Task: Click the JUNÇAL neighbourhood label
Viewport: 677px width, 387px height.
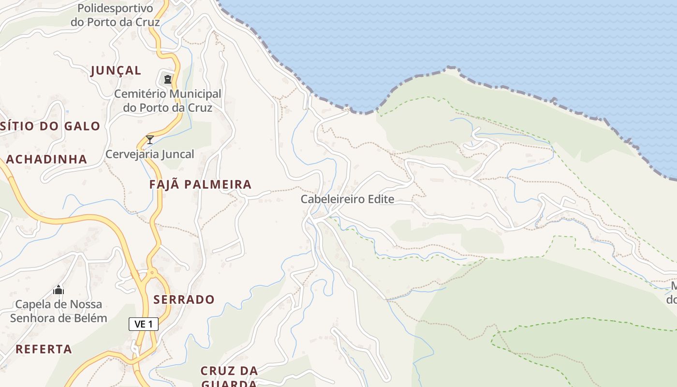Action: click(x=116, y=71)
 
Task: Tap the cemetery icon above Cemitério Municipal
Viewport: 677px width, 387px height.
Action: click(x=167, y=79)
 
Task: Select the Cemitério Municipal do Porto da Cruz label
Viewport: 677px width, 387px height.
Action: click(x=167, y=101)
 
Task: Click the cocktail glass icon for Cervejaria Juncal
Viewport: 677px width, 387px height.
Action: click(x=150, y=140)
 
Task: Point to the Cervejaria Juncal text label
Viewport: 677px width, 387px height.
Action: click(x=150, y=154)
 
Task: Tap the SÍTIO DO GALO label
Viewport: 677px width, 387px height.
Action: click(x=50, y=127)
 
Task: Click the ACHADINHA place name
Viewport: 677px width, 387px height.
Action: click(x=46, y=159)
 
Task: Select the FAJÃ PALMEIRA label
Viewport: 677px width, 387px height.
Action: click(x=200, y=184)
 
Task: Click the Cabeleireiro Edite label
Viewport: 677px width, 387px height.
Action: click(x=347, y=199)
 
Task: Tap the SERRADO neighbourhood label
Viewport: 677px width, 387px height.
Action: click(x=184, y=299)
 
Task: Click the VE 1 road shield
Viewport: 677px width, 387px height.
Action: click(x=144, y=324)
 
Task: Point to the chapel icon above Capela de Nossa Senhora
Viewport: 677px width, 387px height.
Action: click(x=59, y=290)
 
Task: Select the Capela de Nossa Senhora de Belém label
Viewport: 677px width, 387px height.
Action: click(x=59, y=311)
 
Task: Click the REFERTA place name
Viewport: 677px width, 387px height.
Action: click(x=44, y=349)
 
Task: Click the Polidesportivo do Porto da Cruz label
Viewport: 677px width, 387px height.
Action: click(x=115, y=15)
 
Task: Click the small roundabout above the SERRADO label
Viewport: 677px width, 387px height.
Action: click(x=152, y=273)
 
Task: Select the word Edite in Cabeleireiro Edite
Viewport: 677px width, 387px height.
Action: click(x=380, y=199)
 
